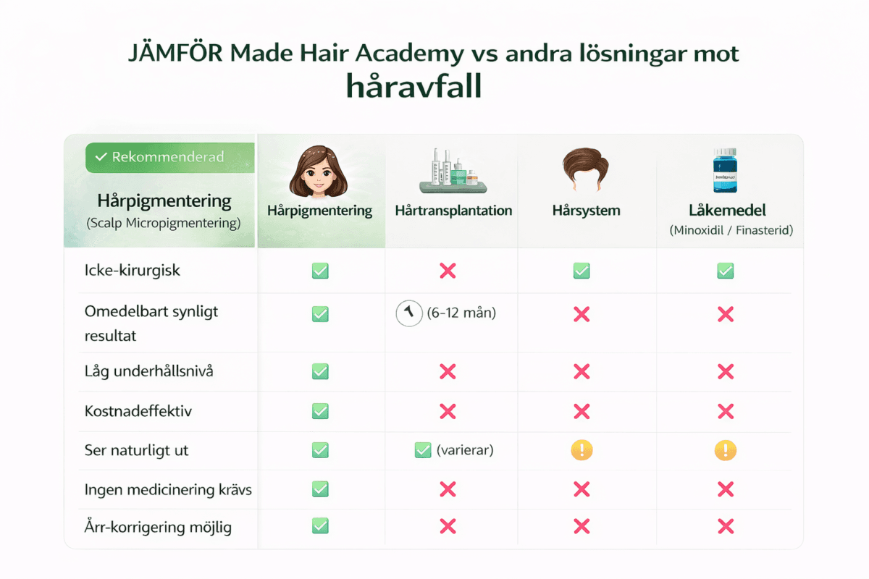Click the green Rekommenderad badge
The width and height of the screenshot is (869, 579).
coord(169,157)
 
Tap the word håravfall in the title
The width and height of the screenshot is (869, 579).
coord(413,86)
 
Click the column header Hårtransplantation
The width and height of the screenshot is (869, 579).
coord(453,211)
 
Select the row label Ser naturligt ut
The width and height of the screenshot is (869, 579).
coord(136,450)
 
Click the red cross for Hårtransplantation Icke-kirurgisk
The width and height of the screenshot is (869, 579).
coord(448,271)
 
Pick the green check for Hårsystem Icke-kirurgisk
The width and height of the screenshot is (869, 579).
coord(581,271)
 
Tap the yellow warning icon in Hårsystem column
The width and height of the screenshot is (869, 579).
coord(581,450)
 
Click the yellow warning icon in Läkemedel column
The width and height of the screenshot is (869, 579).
coord(725,450)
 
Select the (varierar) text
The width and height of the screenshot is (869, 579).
coord(464,450)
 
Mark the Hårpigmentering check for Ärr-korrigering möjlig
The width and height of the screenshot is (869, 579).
coord(319,526)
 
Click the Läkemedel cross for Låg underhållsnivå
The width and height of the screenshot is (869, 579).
coord(725,371)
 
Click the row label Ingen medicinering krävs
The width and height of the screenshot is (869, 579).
coord(168,489)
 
